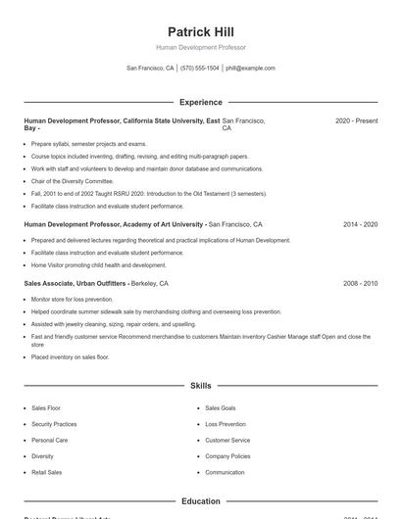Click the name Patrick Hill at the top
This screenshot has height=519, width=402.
(x=200, y=32)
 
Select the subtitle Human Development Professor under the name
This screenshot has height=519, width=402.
(x=200, y=47)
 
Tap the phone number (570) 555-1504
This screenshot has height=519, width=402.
(x=199, y=69)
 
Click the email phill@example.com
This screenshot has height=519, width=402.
(x=250, y=69)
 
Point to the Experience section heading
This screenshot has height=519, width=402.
(x=200, y=102)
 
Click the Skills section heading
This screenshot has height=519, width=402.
(x=200, y=386)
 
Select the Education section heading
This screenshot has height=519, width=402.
(x=200, y=501)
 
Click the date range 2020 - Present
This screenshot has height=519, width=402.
(x=356, y=120)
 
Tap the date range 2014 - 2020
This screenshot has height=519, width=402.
(x=360, y=224)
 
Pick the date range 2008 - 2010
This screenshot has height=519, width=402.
(x=360, y=283)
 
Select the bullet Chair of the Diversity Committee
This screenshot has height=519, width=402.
(x=73, y=181)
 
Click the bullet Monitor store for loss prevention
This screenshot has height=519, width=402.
(x=72, y=299)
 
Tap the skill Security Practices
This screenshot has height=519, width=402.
(x=54, y=424)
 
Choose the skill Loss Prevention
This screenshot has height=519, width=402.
(x=226, y=424)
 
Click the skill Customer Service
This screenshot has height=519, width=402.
(x=227, y=441)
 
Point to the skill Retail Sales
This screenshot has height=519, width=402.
(x=46, y=472)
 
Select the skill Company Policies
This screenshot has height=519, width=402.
(x=227, y=456)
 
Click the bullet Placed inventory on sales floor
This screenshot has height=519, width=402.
(x=70, y=357)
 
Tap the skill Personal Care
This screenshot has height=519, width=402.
(x=49, y=441)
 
